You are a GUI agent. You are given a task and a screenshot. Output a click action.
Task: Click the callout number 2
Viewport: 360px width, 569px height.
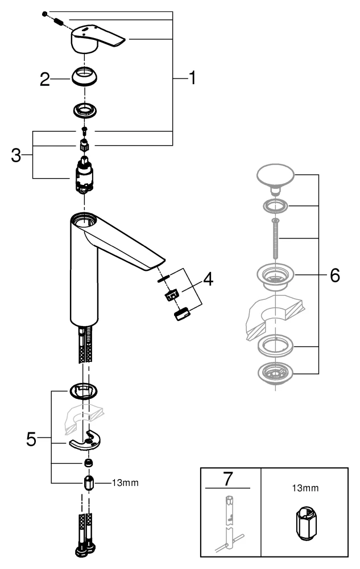coord(45,80)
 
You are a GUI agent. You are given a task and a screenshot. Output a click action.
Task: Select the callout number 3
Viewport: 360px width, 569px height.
coord(18,155)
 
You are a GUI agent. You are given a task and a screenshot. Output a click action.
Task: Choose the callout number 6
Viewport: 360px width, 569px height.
coord(334,276)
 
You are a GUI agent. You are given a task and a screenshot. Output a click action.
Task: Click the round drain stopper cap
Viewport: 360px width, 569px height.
coord(277,173)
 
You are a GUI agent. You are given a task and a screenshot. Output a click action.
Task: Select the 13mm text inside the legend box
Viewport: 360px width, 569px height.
coord(304,488)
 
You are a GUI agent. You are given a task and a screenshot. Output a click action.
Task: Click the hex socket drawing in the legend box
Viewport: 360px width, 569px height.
coord(305,523)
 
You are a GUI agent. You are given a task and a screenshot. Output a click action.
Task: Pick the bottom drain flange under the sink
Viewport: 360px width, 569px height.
coord(276,373)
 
